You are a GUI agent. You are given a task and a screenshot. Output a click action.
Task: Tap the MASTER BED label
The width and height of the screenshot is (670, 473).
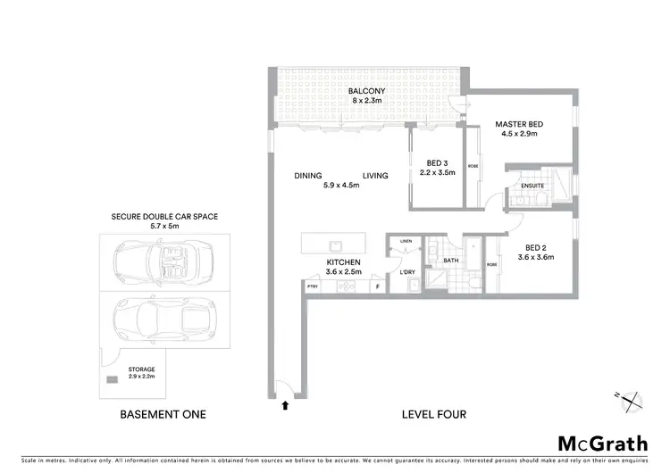point(519,124)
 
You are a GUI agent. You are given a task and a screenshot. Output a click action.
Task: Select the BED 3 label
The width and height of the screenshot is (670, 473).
point(436,162)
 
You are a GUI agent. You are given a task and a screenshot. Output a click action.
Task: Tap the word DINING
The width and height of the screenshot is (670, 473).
point(308,176)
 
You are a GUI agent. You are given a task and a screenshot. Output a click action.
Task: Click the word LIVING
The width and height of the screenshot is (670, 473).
point(375,176)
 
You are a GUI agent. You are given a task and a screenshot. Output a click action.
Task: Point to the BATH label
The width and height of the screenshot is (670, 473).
point(450,261)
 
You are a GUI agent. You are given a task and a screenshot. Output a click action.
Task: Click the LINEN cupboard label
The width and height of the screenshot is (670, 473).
point(406,242)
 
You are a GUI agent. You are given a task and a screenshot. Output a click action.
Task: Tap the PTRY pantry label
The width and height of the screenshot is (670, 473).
point(313,286)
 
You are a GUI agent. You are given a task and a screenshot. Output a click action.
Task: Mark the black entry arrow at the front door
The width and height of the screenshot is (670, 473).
point(285,405)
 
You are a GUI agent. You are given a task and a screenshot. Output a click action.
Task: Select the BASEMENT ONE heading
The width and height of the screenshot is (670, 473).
point(163,414)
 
